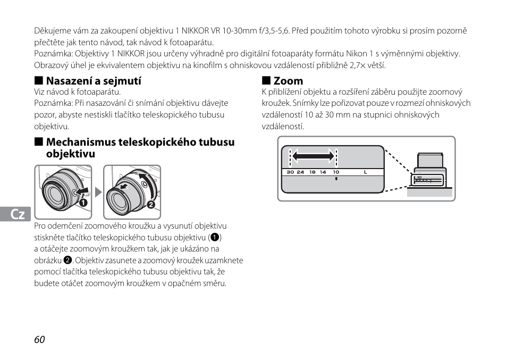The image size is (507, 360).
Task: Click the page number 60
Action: [x=39, y=339]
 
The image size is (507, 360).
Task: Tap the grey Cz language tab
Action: [x=15, y=214]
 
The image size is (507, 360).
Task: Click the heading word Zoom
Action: [x=289, y=80]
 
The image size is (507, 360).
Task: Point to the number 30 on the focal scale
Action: [x=290, y=172]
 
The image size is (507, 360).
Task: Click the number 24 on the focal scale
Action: [x=300, y=172]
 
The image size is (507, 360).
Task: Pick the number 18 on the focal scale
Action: [x=312, y=172]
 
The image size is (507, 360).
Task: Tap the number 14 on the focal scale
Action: [x=323, y=172]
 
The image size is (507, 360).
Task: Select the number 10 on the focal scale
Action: [x=336, y=172]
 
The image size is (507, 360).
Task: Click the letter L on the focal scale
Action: [x=366, y=172]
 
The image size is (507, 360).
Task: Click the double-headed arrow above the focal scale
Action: [x=313, y=156]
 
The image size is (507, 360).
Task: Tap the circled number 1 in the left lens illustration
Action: [x=83, y=203]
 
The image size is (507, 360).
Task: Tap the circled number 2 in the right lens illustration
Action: [x=151, y=204]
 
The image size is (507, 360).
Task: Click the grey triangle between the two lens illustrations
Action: [x=98, y=192]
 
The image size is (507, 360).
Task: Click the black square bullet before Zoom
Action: [x=266, y=80]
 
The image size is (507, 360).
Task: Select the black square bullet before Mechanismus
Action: [x=38, y=141]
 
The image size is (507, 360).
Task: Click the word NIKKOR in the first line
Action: [x=195, y=31]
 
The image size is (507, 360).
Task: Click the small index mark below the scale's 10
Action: [x=336, y=179]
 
